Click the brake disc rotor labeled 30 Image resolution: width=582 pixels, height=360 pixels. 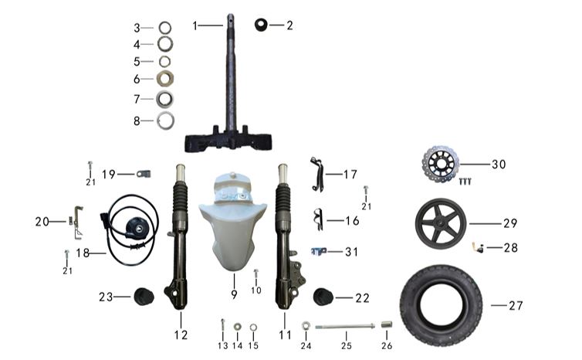click(x=441, y=164)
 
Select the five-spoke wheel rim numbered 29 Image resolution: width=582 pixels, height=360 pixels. click(x=440, y=223)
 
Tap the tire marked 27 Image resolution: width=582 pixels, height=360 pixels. click(x=441, y=305)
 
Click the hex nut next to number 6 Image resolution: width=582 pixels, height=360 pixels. click(x=165, y=78)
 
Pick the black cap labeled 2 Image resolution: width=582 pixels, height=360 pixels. click(x=261, y=25)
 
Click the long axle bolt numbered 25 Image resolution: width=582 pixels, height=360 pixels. click(x=346, y=327)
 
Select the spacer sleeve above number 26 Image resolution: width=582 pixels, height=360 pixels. click(x=387, y=324)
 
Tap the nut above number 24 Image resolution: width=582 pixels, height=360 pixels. click(x=306, y=326)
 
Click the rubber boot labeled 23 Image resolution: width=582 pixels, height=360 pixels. click(x=144, y=296)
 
